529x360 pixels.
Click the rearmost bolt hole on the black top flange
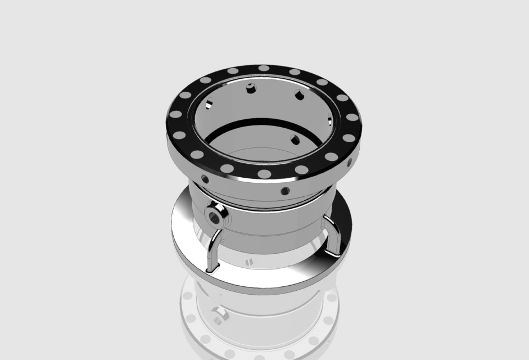click(x=264, y=68)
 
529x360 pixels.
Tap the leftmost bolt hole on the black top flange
click(x=175, y=114)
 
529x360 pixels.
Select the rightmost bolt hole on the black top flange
click(x=352, y=118)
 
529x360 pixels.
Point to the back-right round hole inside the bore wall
click(x=300, y=94)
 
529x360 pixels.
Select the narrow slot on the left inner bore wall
click(x=209, y=103)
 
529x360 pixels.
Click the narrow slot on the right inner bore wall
click(x=330, y=119)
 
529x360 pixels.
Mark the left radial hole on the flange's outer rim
click(x=205, y=179)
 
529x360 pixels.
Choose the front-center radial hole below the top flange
click(x=285, y=191)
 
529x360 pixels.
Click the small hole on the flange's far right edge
click(x=350, y=162)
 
